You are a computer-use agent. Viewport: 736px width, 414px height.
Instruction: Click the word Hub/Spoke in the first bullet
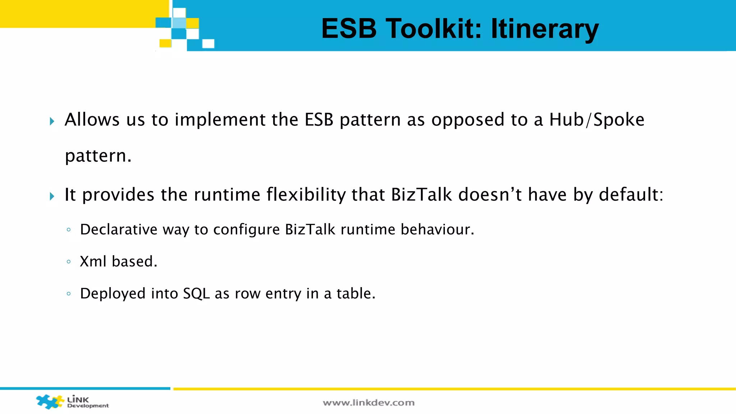(x=597, y=120)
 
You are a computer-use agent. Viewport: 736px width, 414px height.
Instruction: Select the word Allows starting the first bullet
(x=92, y=120)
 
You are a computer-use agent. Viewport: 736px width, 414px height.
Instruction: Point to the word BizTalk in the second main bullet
(x=421, y=194)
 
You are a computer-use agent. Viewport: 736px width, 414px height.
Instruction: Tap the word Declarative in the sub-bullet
(x=119, y=230)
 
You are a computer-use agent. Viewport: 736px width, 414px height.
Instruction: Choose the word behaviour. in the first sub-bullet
(x=437, y=230)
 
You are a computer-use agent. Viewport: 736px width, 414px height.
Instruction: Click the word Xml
(x=93, y=262)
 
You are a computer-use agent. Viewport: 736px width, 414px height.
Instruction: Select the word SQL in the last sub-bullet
(x=196, y=294)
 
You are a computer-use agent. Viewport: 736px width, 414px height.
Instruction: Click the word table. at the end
(x=356, y=294)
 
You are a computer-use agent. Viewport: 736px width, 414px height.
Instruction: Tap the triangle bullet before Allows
(x=52, y=121)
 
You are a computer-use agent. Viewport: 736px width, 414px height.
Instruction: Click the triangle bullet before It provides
(x=52, y=196)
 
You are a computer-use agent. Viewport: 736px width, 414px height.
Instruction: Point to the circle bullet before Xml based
(x=69, y=262)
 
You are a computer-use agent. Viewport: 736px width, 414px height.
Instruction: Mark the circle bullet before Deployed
(x=69, y=294)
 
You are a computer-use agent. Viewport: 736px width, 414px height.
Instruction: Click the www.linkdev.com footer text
(x=368, y=403)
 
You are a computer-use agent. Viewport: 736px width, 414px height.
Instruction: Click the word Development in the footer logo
(x=88, y=406)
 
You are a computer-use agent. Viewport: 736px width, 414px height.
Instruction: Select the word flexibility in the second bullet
(x=306, y=194)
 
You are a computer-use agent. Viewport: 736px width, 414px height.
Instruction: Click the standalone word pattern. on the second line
(x=98, y=156)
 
